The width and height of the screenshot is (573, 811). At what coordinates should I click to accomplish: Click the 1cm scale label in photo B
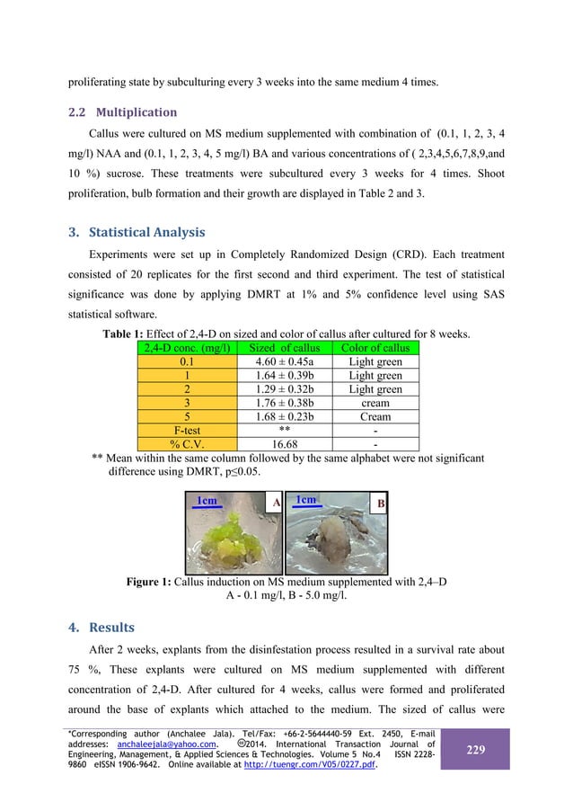point(306,501)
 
